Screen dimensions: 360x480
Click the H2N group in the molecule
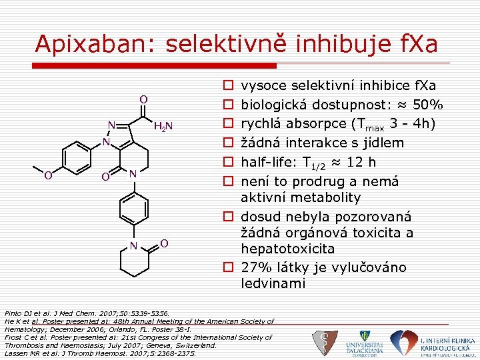tap(163, 127)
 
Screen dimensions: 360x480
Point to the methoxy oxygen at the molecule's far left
tap(48, 176)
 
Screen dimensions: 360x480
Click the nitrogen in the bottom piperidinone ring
tap(134, 245)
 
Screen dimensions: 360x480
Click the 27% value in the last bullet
tap(257, 267)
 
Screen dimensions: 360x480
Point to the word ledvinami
tap(273, 283)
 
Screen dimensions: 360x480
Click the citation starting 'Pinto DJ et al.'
tap(87, 313)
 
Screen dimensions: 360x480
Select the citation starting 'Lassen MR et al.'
tap(100, 353)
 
